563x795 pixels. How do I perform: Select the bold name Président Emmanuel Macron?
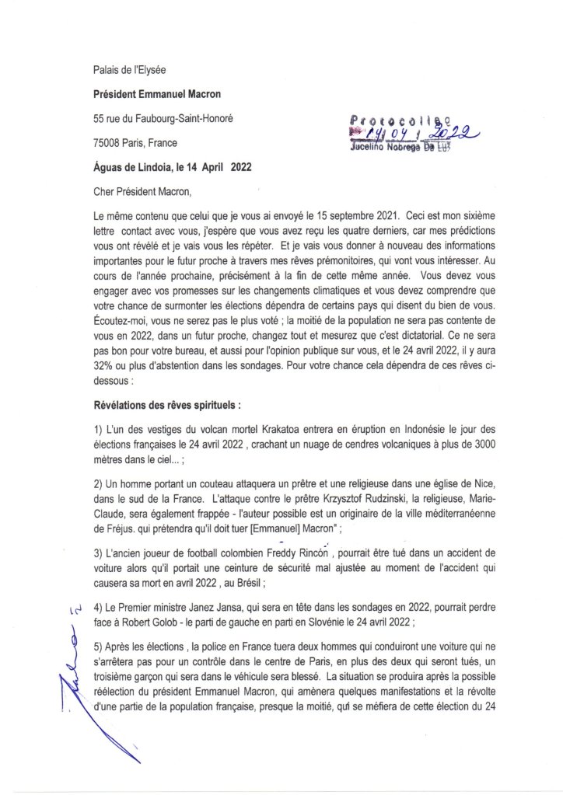pyautogui.click(x=156, y=94)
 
